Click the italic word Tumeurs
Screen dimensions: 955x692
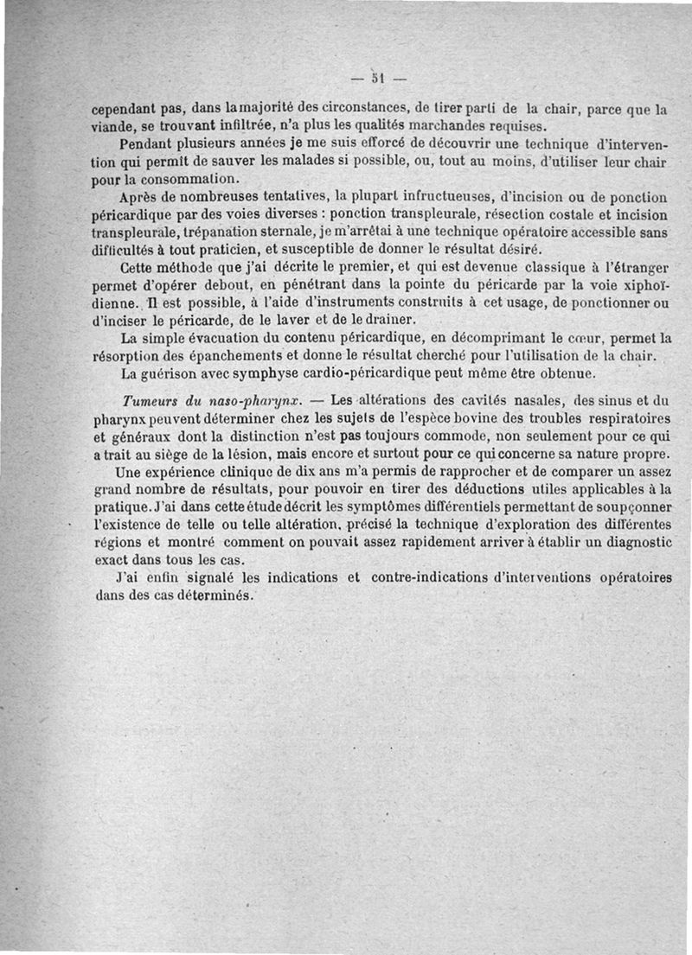[151, 401]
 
